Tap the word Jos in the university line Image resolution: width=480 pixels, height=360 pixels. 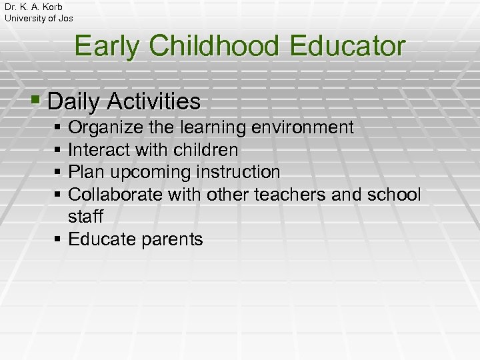point(65,18)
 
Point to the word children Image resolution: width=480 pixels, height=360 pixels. point(206,150)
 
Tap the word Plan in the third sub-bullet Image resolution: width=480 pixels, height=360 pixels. point(85,172)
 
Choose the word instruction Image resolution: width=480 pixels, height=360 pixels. point(238,172)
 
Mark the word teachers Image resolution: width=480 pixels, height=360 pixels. point(308,195)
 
